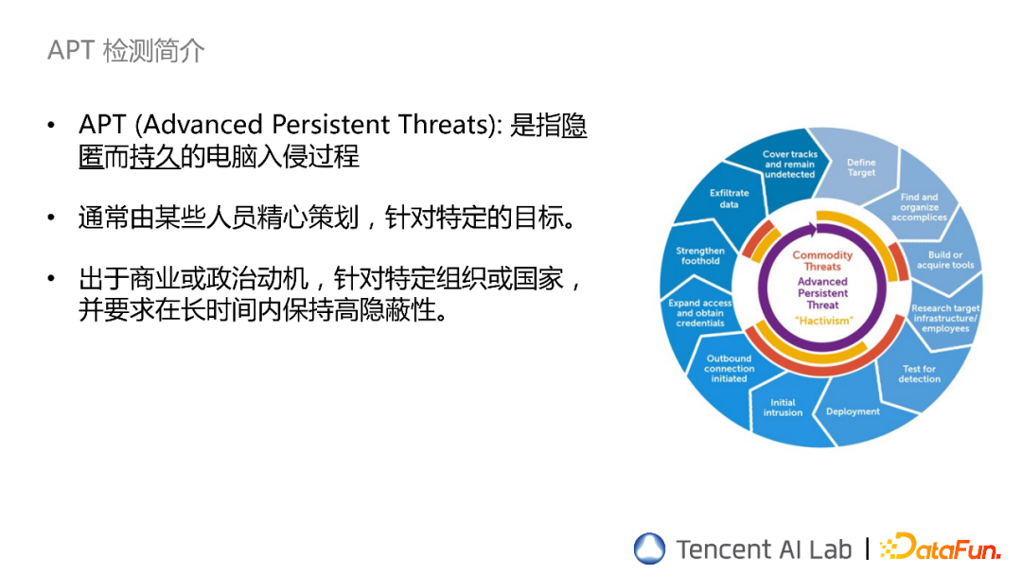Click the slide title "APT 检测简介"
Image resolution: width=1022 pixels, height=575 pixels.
point(126,50)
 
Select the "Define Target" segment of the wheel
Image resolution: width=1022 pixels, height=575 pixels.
point(861,167)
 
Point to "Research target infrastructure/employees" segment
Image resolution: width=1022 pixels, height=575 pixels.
point(944,318)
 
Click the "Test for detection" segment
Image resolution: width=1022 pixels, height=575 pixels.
point(919,374)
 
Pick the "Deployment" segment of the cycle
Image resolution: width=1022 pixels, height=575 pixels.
point(853,411)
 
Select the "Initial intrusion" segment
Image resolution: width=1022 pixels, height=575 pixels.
point(783,408)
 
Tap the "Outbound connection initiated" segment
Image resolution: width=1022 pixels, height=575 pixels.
point(729,369)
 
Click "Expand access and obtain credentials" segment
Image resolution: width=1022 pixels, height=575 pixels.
point(700,313)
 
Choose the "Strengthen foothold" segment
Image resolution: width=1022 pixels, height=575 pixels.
point(700,255)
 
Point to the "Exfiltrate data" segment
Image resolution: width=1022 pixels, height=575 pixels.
point(729,199)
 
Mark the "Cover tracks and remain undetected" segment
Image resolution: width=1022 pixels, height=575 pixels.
point(790,165)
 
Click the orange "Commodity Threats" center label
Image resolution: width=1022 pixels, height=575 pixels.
point(822,261)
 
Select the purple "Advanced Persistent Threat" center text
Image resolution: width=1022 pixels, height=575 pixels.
point(822,293)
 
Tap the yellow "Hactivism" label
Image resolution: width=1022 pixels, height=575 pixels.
point(822,321)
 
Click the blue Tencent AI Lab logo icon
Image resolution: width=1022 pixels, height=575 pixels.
point(650,549)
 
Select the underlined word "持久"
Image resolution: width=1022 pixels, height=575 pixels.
point(154,156)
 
